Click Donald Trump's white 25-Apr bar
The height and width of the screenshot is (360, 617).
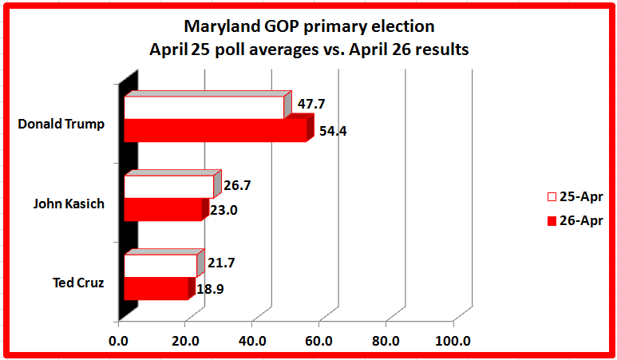click(x=204, y=108)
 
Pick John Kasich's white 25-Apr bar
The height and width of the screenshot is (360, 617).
click(x=168, y=187)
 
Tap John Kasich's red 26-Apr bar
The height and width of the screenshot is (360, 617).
click(x=163, y=210)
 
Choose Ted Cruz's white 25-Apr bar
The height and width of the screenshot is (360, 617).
click(x=160, y=265)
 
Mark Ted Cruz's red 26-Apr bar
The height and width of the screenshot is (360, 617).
click(x=156, y=288)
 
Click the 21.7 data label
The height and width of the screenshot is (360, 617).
click(x=221, y=263)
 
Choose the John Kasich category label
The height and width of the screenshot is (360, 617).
click(x=69, y=203)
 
